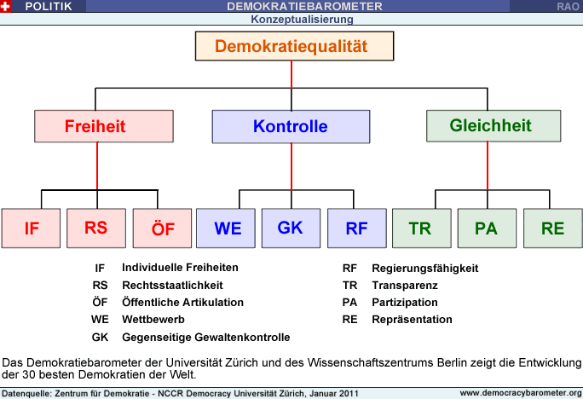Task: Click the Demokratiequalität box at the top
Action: (x=294, y=46)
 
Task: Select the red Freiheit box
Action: (x=104, y=126)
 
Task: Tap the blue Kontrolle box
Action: (x=291, y=126)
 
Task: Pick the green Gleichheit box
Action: (x=494, y=125)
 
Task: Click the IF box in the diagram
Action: (x=31, y=228)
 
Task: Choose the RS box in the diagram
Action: (x=96, y=228)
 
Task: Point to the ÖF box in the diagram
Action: (x=162, y=228)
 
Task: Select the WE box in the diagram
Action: (x=226, y=228)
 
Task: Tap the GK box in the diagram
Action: (x=291, y=228)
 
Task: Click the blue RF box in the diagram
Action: (x=357, y=228)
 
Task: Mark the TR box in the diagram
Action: (x=422, y=228)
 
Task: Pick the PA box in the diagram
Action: (x=487, y=228)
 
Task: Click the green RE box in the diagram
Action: (x=553, y=228)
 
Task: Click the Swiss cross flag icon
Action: (x=5, y=6)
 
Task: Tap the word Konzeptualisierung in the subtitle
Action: (x=302, y=20)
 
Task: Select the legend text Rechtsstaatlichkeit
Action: (x=172, y=286)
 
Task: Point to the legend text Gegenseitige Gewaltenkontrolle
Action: (x=206, y=338)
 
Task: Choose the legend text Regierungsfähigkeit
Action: (x=425, y=268)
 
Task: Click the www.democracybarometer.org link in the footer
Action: (x=521, y=393)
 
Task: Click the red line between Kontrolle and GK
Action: (x=291, y=166)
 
